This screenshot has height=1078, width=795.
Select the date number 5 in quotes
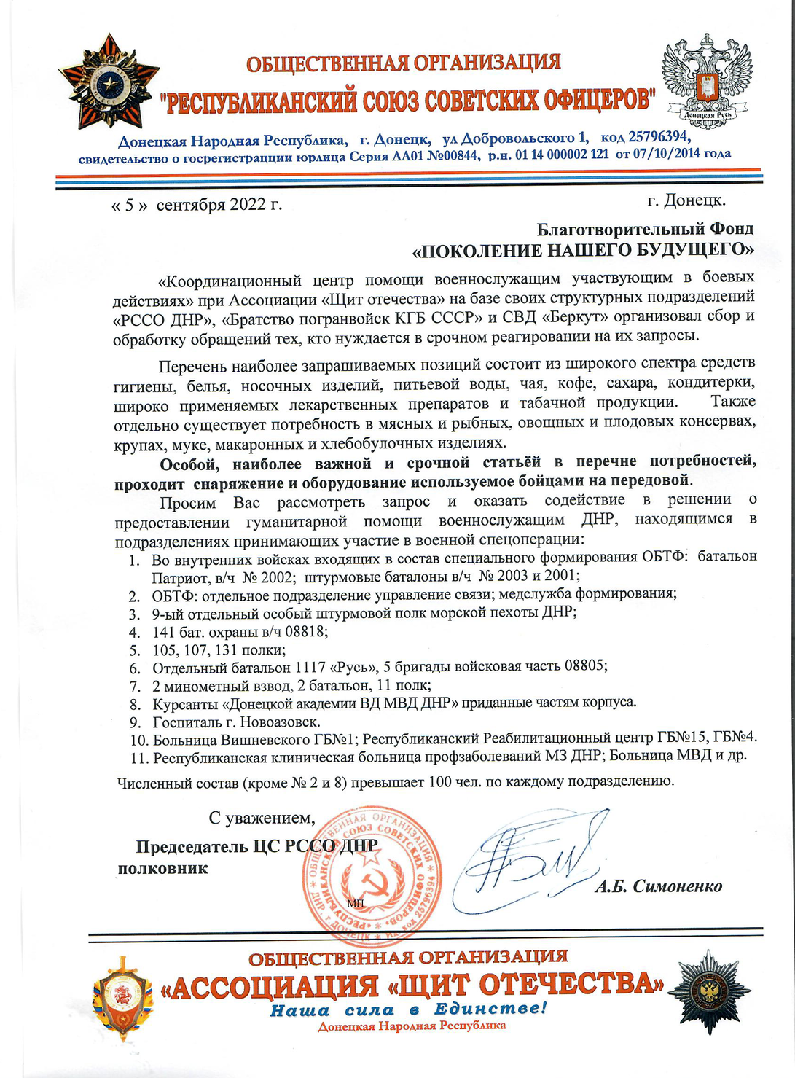[130, 205]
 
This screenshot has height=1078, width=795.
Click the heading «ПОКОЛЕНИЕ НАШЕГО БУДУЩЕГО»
[584, 251]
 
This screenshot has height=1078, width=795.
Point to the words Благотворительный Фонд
[645, 229]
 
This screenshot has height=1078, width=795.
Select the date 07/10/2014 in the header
[660, 155]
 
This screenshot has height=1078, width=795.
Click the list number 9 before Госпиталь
[135, 723]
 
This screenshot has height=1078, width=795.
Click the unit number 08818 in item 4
[304, 631]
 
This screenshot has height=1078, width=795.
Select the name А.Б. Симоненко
[658, 886]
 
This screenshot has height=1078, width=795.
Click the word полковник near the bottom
[162, 869]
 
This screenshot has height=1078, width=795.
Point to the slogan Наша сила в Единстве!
[408, 1009]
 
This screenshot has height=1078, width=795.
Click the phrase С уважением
[262, 819]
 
